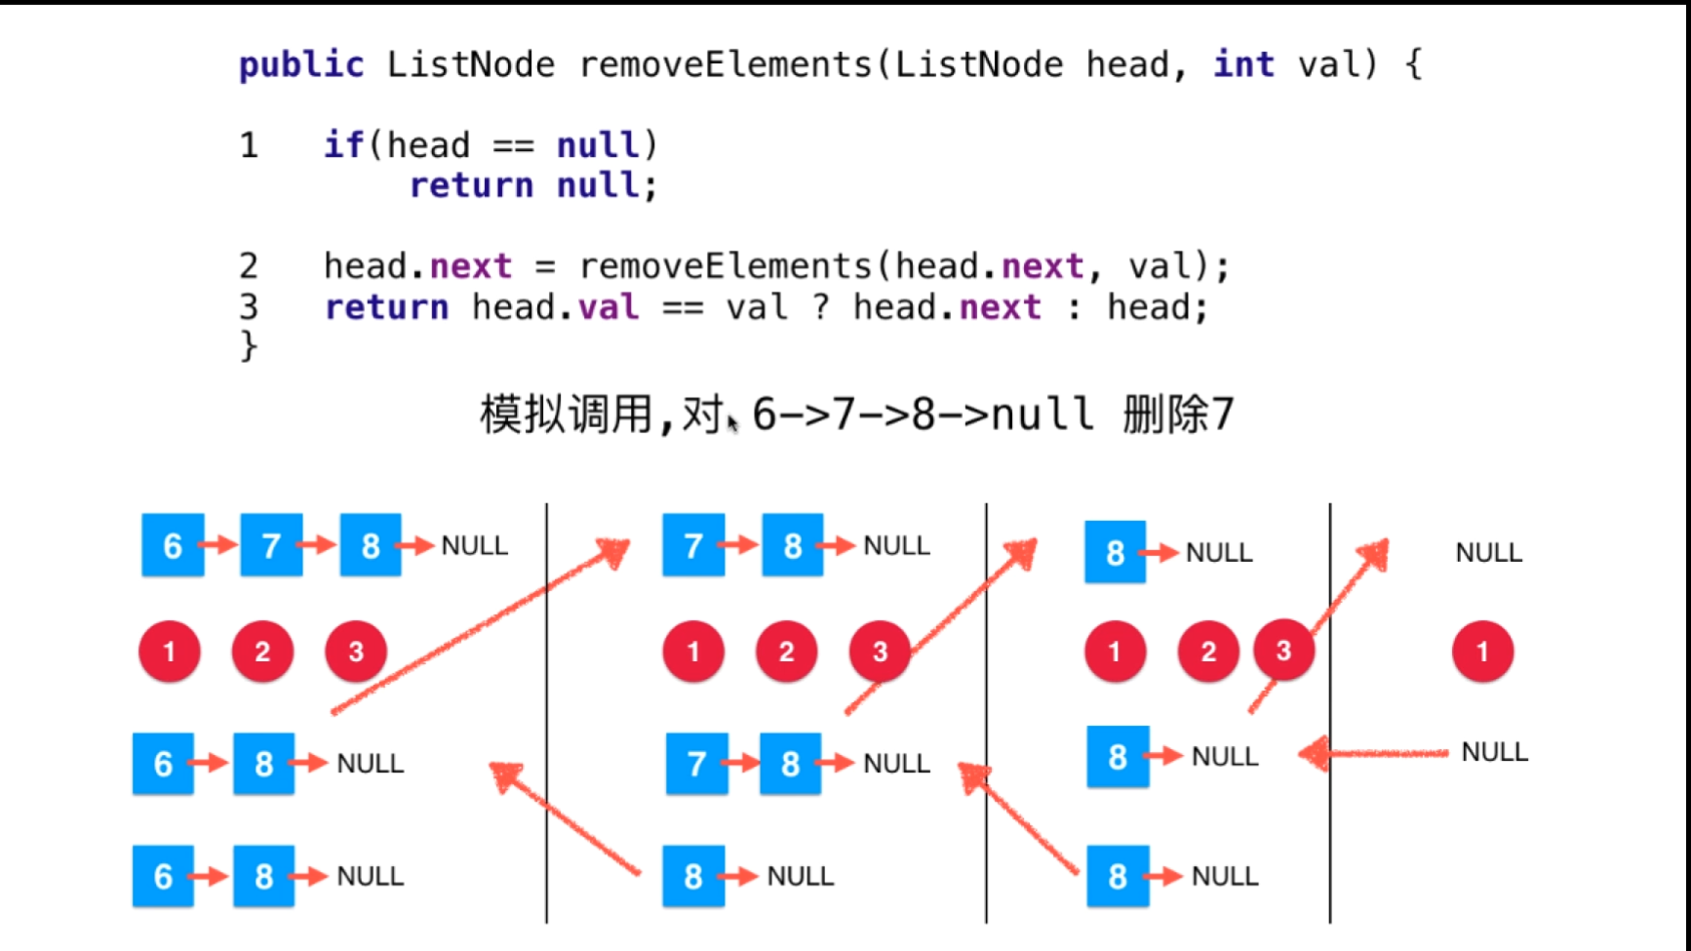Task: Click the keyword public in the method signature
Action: point(301,65)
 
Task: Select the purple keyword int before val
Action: point(1243,64)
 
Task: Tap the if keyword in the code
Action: point(343,145)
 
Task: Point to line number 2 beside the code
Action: point(249,266)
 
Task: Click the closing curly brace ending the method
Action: point(249,346)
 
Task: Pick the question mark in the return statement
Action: point(821,307)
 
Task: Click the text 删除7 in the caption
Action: point(1178,415)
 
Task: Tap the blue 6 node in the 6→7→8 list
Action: point(173,545)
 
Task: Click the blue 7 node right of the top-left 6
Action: point(271,545)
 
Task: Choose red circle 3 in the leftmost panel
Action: point(356,652)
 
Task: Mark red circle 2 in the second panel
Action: point(786,652)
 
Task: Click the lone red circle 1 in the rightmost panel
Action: point(1482,652)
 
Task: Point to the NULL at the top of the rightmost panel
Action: point(1488,553)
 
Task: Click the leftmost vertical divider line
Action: point(546,713)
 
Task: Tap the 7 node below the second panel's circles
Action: point(696,764)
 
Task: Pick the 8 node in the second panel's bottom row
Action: point(693,877)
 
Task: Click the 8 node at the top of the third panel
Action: point(1116,553)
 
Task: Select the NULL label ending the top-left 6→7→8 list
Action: point(475,545)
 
